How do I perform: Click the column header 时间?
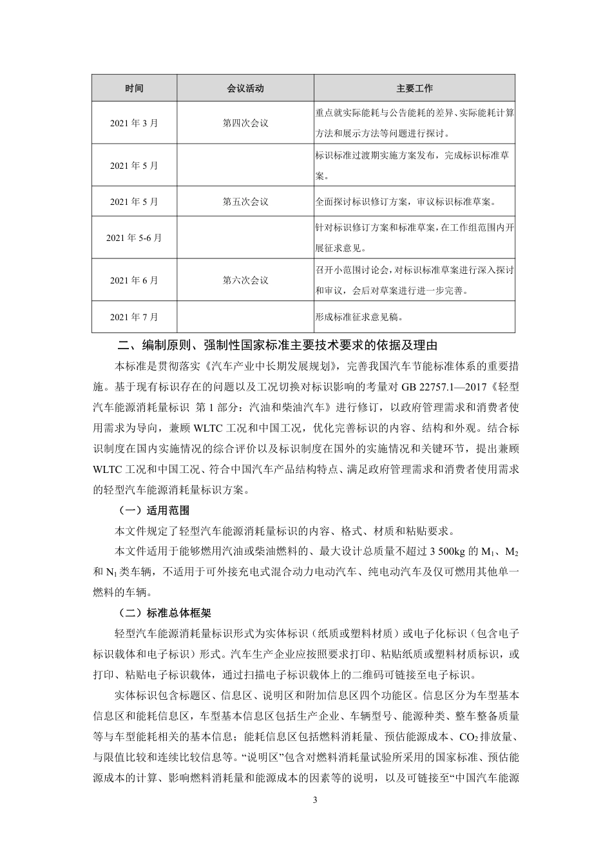(x=134, y=88)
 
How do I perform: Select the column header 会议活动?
(x=245, y=88)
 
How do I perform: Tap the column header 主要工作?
(x=414, y=88)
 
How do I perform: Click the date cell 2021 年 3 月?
(x=134, y=123)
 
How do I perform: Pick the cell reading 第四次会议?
(x=245, y=123)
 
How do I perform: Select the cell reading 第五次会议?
(x=245, y=202)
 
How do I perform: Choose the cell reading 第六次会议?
(x=245, y=280)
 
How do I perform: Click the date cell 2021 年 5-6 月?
(x=134, y=238)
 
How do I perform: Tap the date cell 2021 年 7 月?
(x=134, y=317)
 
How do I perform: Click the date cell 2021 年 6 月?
(x=134, y=280)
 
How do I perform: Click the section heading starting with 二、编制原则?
(x=277, y=345)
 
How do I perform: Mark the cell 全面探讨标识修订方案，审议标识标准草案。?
(x=406, y=202)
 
